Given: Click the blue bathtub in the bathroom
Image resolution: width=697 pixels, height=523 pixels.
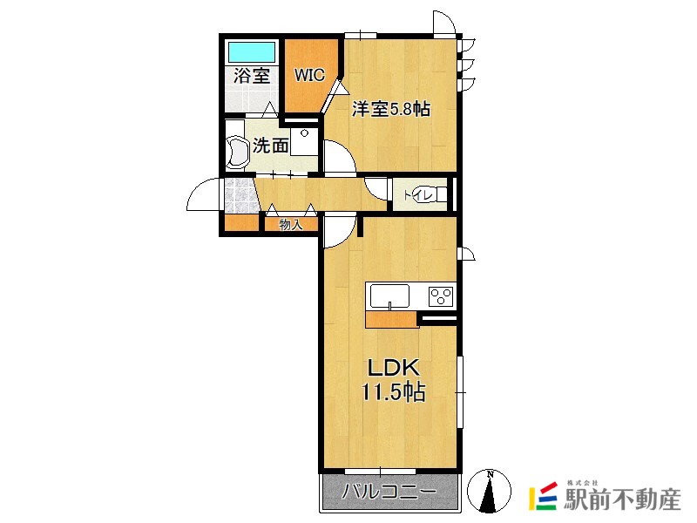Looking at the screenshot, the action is click(251, 52).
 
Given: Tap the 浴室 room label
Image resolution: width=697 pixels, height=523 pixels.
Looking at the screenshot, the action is click(252, 76).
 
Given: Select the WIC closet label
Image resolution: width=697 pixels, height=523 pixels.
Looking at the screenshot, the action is click(309, 75).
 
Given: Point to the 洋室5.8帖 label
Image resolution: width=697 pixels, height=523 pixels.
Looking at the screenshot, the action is click(391, 108).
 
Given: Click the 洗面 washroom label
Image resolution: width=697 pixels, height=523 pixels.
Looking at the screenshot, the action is click(270, 145).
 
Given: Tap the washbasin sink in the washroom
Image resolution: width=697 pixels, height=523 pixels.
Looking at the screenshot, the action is click(237, 153).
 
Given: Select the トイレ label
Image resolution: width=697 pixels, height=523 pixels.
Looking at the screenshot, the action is click(418, 194).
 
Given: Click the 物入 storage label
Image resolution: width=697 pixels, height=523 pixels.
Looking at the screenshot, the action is click(291, 225).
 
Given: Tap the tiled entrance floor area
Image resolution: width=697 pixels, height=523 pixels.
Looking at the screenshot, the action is click(241, 195).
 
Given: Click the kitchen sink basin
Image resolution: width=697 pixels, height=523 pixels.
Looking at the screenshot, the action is click(389, 295).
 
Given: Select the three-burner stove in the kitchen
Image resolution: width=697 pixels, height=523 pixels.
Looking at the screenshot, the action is click(441, 296).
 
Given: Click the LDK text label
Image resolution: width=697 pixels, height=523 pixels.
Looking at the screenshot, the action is click(394, 368).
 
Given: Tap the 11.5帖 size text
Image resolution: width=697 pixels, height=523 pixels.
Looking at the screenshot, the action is click(394, 392).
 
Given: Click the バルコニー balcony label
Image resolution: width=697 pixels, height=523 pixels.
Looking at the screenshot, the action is click(389, 492).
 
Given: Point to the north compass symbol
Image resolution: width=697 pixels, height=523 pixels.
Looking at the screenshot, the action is click(489, 491).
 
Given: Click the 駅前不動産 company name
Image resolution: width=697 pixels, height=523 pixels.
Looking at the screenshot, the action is click(623, 499).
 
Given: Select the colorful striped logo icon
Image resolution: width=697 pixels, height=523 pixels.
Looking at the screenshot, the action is click(543, 496).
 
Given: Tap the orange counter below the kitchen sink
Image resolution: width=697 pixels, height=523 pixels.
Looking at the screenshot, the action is click(391, 319).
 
